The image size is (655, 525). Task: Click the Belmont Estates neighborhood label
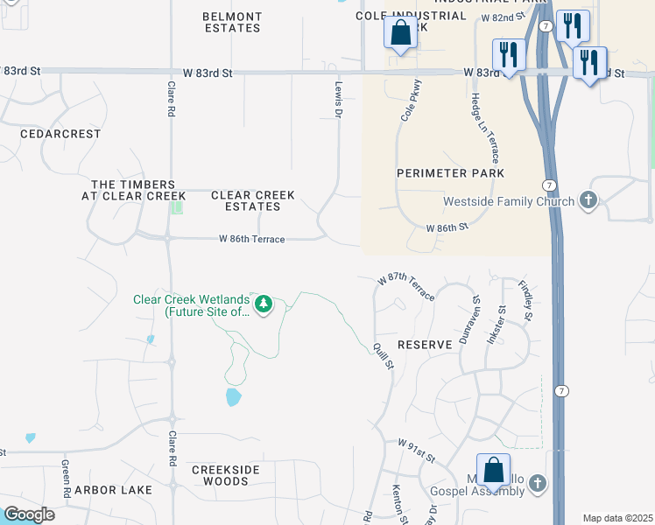tap(231, 22)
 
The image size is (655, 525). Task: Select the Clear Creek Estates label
tap(253, 200)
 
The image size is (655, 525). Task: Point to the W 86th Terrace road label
tap(251, 239)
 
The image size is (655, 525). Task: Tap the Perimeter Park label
tap(450, 173)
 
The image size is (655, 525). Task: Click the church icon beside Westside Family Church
tap(588, 201)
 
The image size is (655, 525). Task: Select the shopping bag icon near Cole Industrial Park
tap(400, 32)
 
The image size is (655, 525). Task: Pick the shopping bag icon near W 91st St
tap(494, 470)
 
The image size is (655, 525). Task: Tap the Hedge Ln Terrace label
tap(484, 129)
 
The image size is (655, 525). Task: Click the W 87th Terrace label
tap(406, 286)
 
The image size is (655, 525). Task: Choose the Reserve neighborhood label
tap(425, 345)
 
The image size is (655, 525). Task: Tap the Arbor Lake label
tap(113, 490)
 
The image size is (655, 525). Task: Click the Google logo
tap(29, 514)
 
